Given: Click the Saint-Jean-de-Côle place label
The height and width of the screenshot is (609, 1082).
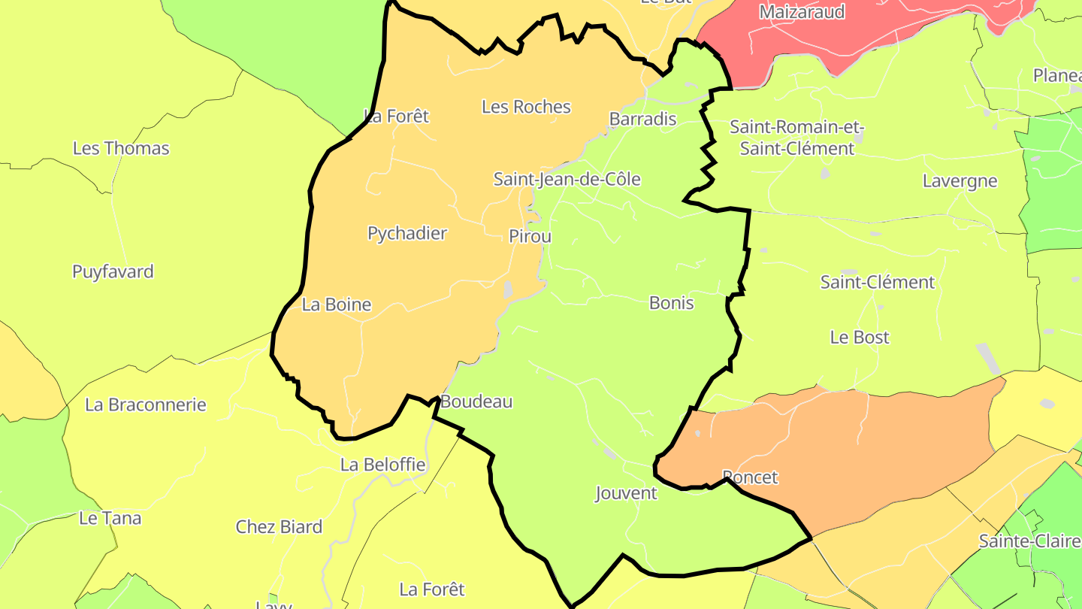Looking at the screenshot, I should pyautogui.click(x=567, y=179).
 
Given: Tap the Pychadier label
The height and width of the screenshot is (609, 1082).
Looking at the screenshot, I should pyautogui.click(x=407, y=234).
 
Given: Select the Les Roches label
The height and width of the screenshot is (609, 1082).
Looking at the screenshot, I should pyautogui.click(x=526, y=107).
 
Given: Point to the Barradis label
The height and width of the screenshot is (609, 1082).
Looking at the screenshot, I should pyautogui.click(x=642, y=119).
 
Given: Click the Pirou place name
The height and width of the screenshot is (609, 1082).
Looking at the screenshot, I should pyautogui.click(x=530, y=236).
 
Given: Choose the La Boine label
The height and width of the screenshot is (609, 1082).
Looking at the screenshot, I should pyautogui.click(x=337, y=304).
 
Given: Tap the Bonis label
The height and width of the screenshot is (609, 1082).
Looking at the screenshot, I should pyautogui.click(x=671, y=303).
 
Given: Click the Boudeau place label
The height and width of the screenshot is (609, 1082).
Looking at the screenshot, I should pyautogui.click(x=476, y=401).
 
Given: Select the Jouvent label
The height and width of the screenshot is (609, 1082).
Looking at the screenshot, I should pyautogui.click(x=626, y=493).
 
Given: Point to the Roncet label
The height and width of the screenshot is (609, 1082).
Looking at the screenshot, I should pyautogui.click(x=749, y=477).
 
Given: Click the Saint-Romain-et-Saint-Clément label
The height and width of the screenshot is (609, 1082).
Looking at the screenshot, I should pyautogui.click(x=797, y=138).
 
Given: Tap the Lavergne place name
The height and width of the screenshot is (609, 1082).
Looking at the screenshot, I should pyautogui.click(x=960, y=181).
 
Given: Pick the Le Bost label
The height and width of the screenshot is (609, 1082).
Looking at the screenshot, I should pyautogui.click(x=860, y=338).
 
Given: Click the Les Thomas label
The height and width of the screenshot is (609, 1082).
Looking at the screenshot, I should pyautogui.click(x=121, y=148).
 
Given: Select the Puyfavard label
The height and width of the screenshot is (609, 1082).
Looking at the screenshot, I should pyautogui.click(x=113, y=271).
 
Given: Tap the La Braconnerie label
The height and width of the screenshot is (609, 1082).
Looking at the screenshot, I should pyautogui.click(x=146, y=404).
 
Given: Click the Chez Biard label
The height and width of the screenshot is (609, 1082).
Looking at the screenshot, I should pyautogui.click(x=279, y=527).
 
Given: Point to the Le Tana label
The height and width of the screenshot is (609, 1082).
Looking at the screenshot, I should pyautogui.click(x=110, y=518).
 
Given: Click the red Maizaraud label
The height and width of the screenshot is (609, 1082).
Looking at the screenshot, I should pyautogui.click(x=802, y=12).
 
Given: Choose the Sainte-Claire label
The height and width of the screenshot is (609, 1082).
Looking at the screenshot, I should pyautogui.click(x=1029, y=541).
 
